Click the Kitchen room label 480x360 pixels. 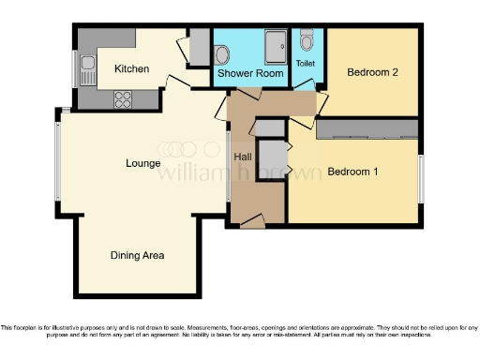pos(131,68)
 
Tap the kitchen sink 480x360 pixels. pos(86,66)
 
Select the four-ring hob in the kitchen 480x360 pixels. pos(123,97)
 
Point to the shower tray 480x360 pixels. pos(277,43)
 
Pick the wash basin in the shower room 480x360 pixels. pos(222,52)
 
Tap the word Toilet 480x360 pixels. pos(306,63)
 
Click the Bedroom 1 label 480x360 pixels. pos(352,172)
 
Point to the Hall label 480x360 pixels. pos(243,157)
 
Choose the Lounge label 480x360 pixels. pos(143,162)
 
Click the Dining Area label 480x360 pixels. pos(138,255)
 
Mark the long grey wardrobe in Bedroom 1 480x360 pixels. pos(367,128)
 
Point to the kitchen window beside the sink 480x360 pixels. pos(75,67)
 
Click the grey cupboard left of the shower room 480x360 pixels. pos(199,46)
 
